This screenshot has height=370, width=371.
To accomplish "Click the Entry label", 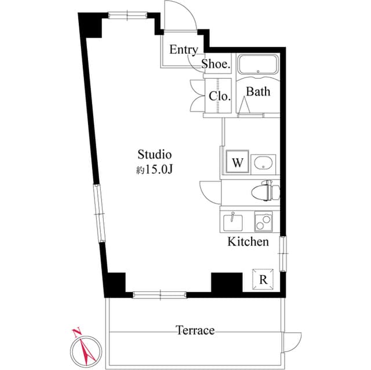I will coord(183,50).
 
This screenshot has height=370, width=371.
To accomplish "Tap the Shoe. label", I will coord(216,64).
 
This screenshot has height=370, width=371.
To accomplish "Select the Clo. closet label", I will coord(220,96).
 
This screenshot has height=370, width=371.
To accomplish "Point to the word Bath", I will coord(258,91).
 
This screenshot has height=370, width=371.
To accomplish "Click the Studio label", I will coord(155,155).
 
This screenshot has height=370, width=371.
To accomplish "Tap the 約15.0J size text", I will coord(155,170).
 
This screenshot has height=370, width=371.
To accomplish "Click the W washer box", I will coord(237,162).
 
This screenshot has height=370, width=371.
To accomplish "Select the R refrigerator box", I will coord(263,280).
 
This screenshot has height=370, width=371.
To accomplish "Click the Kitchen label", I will coord(248,241).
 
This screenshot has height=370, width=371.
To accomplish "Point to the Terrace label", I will coord(195,331).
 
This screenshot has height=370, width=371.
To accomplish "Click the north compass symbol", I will coord(85,347).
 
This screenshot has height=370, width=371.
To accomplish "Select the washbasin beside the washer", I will coord(264,163).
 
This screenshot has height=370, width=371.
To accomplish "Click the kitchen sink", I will coord(235,221).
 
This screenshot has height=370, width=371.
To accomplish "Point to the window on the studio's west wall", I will coord(100,214).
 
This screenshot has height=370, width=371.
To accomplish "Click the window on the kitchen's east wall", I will coord(282,254).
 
